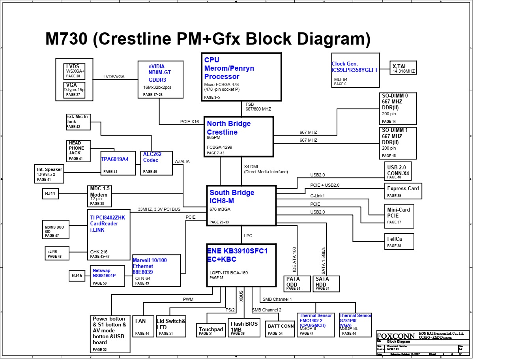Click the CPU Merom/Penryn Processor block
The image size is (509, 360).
coord(241,77)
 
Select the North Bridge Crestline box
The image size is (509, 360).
coord(238,136)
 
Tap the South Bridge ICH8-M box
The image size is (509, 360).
coord(241,205)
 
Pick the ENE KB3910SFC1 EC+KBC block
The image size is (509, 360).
coord(241,264)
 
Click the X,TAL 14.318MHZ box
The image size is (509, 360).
coord(403,68)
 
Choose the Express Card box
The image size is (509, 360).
coord(403,191)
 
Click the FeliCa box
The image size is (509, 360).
coord(399,241)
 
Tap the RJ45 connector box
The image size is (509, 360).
coord(77,276)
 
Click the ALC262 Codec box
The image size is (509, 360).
coord(156,163)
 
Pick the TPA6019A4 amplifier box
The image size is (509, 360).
coord(118,163)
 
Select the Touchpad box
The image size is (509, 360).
coord(211,330)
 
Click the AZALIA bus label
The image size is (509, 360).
coord(182,161)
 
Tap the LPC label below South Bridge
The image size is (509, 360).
coord(248,236)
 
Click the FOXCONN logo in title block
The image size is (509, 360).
coord(395,336)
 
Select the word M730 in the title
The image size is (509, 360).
coord(66,39)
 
